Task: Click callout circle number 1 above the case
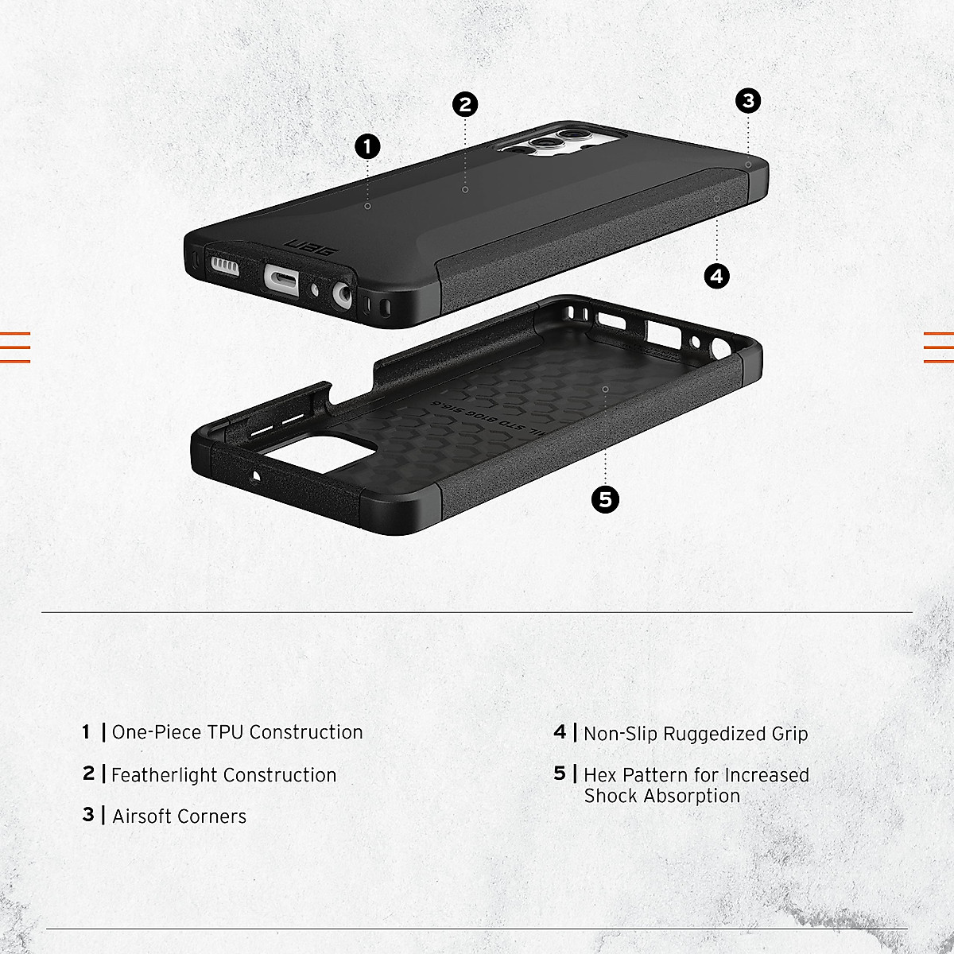pos(367,146)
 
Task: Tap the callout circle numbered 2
pos(465,104)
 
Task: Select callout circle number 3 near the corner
pos(748,101)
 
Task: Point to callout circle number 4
pos(717,276)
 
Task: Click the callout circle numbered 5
pos(606,499)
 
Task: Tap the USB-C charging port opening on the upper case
pos(283,278)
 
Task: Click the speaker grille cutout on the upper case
pos(225,265)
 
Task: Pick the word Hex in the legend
pos(600,775)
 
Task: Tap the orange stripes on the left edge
pos(14,347)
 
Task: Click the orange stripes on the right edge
pos(939,347)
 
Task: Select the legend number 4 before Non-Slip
pos(560,732)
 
